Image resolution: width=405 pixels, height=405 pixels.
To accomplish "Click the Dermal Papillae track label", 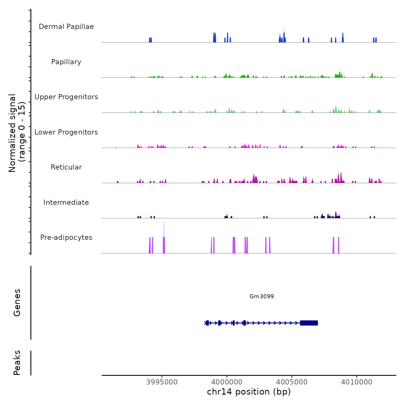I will click(x=66, y=27).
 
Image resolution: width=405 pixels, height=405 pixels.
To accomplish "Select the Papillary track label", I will click(x=66, y=62).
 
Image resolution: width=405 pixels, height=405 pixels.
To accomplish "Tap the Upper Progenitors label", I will click(x=66, y=97).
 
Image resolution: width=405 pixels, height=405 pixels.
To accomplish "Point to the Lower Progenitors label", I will click(x=66, y=132).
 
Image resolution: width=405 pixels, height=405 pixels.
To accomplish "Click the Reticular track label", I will click(x=66, y=167).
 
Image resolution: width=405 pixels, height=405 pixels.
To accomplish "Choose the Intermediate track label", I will click(x=66, y=203).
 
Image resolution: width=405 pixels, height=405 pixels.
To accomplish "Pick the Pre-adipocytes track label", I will click(x=66, y=238).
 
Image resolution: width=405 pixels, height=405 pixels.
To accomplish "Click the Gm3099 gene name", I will click(x=262, y=296).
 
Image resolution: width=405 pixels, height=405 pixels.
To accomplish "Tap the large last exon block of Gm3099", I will click(x=309, y=323).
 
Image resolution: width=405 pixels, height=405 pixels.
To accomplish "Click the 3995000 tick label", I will click(x=162, y=382).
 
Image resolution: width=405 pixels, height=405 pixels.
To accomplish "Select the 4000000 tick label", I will click(x=227, y=382).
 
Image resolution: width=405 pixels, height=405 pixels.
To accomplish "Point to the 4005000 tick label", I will click(x=292, y=382).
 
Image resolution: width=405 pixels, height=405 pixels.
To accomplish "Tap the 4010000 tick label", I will click(x=357, y=382).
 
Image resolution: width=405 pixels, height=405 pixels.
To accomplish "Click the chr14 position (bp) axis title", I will click(x=249, y=392).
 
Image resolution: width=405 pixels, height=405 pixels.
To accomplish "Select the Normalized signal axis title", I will click(x=17, y=133).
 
